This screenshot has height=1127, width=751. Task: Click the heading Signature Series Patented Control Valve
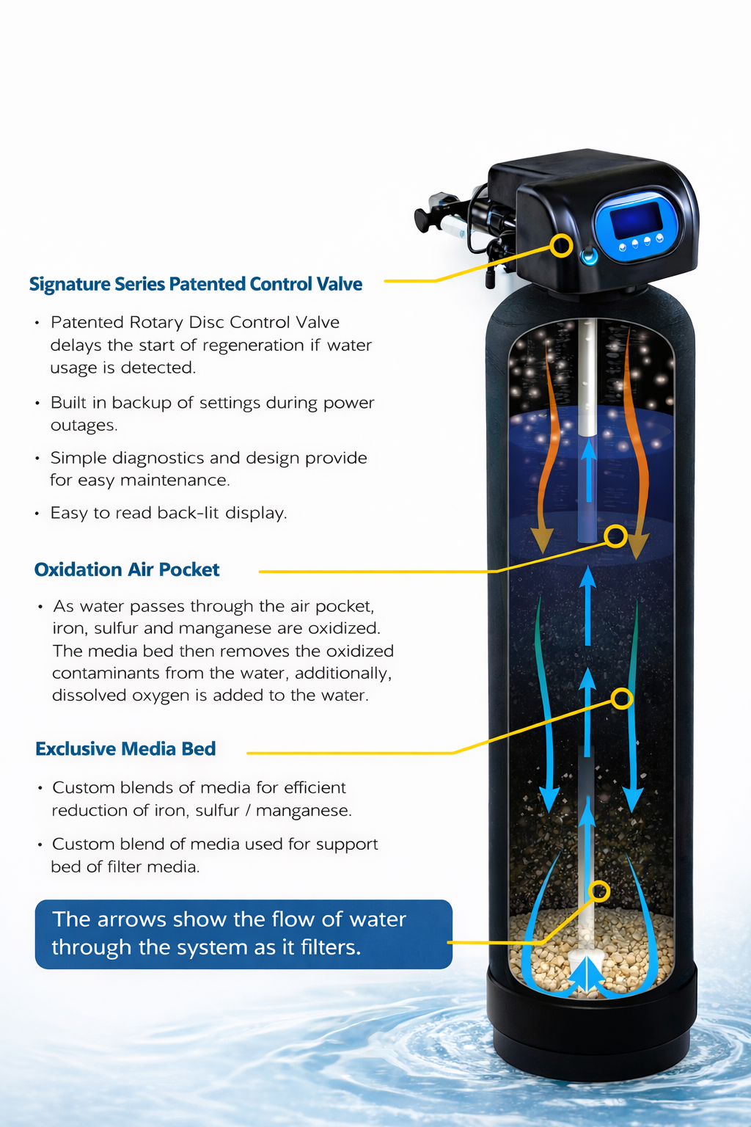(x=196, y=284)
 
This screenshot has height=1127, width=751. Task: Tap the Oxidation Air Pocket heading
(x=127, y=569)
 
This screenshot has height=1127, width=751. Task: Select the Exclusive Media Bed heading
(x=125, y=748)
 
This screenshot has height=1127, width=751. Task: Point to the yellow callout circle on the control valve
(x=562, y=245)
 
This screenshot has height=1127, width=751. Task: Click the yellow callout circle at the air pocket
(x=617, y=536)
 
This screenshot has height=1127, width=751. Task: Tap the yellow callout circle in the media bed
(x=622, y=699)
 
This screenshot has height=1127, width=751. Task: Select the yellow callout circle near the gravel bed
(x=600, y=891)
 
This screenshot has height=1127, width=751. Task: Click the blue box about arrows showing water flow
(x=243, y=933)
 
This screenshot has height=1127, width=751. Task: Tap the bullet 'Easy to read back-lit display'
(x=168, y=513)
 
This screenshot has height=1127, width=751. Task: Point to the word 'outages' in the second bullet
(x=83, y=426)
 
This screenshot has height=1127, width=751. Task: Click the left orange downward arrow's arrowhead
(x=542, y=541)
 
